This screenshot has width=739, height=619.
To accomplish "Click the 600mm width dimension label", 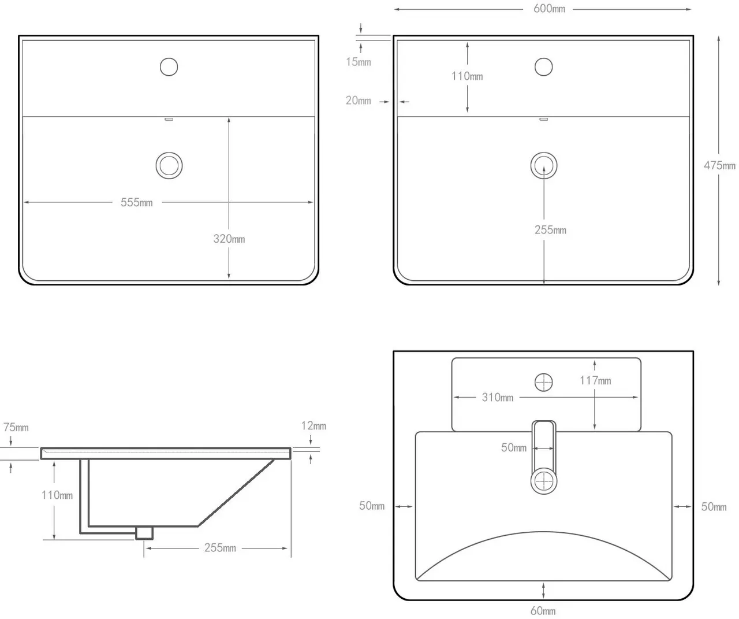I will [549, 9].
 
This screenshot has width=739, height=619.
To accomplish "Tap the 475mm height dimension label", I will [719, 165].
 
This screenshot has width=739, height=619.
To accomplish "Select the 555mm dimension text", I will [136, 202].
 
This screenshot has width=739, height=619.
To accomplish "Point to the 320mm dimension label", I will [229, 239].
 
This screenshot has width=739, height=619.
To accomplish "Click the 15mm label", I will [358, 62].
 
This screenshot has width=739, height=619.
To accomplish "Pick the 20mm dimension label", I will [358, 101].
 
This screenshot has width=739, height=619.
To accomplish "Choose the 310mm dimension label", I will [497, 397].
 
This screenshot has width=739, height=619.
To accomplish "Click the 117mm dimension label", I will [595, 380].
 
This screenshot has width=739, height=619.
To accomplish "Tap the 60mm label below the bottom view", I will [543, 610].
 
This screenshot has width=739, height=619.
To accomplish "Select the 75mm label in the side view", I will [16, 427].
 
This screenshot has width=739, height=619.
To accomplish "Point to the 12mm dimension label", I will [313, 425].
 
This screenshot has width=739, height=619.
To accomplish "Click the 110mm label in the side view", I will [57, 495].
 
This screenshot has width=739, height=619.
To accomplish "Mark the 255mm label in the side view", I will [220, 547].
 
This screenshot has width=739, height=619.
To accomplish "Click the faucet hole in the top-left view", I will [169, 67].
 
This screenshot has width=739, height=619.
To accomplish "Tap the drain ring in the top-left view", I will [169, 165].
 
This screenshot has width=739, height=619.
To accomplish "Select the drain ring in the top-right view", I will [544, 165].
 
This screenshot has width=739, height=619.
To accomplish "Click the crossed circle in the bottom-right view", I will [543, 383].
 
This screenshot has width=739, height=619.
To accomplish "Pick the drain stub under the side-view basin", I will [144, 532].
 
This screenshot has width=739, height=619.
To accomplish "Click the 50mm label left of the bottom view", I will [371, 506].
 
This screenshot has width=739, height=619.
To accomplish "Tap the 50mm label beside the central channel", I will [513, 447].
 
